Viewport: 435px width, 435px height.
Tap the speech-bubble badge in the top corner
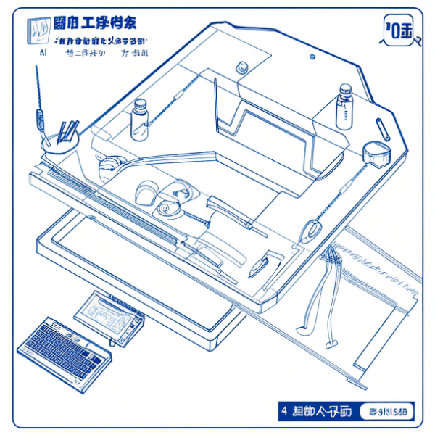(x=398, y=30)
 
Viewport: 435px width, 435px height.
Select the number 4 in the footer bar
(x=283, y=411)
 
